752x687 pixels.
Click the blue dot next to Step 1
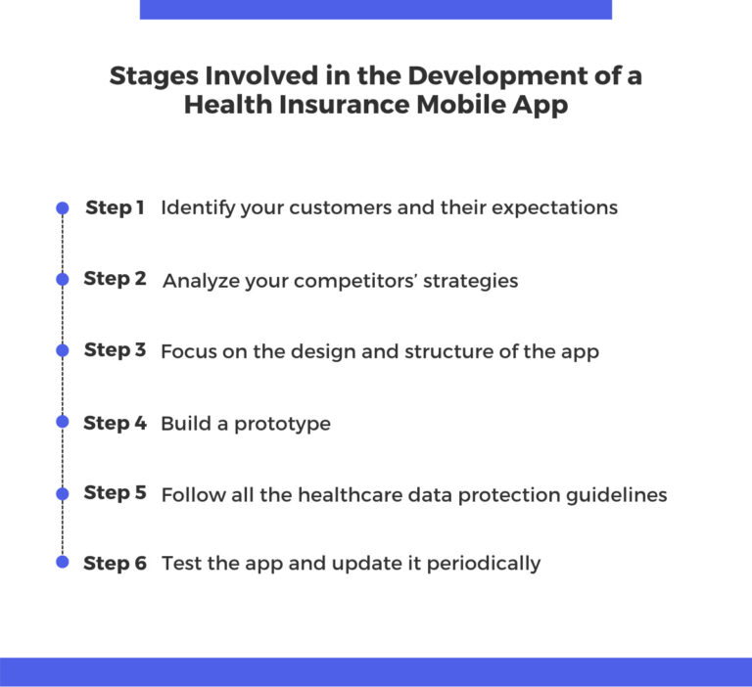[63, 208]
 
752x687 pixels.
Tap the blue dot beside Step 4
[63, 422]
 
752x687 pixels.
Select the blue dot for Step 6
[63, 562]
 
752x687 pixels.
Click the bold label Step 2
[116, 279]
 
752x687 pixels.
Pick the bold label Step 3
[116, 350]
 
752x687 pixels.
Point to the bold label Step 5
[116, 493]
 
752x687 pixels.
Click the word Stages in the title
[149, 76]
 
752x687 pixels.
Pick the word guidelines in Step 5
[617, 494]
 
